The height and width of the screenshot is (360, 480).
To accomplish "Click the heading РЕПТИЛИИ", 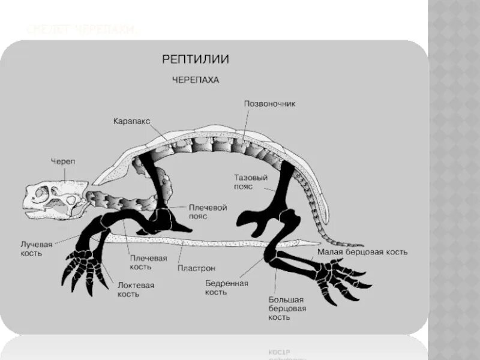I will (x=196, y=59).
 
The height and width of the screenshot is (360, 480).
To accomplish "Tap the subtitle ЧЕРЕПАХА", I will (x=196, y=79).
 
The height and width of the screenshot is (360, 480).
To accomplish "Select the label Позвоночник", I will (x=269, y=103).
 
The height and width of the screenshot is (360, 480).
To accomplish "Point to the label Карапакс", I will (x=131, y=121).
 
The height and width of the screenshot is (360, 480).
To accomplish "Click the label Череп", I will (x=63, y=161).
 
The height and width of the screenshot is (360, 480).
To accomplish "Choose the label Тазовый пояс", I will (x=251, y=181).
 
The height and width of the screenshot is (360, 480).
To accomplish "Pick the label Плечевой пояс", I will (x=208, y=211).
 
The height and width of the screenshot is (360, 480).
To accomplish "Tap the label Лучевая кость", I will (x=37, y=248).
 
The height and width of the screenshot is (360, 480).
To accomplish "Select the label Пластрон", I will (x=197, y=268).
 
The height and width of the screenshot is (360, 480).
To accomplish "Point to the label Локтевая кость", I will (x=136, y=289).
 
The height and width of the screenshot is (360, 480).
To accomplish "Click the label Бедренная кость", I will (x=226, y=287).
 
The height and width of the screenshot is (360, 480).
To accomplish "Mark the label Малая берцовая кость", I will (x=362, y=252).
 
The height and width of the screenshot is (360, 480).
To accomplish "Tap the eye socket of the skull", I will (x=42, y=194).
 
